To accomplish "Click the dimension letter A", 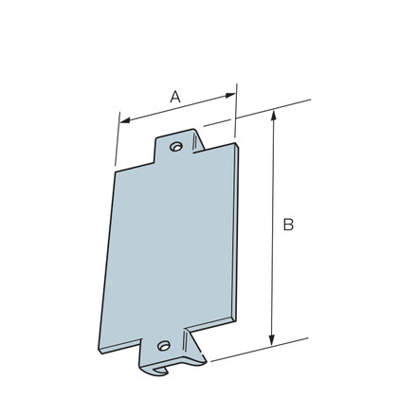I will coord(175,96).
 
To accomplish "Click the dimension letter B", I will coord(288,225).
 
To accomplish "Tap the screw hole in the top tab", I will coord(176,146).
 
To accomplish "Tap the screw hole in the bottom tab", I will coord(163,346).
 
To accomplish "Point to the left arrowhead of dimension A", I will coord(122,120).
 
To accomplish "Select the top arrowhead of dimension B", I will coord(274,115).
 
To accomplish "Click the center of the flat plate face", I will coord(171,246).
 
